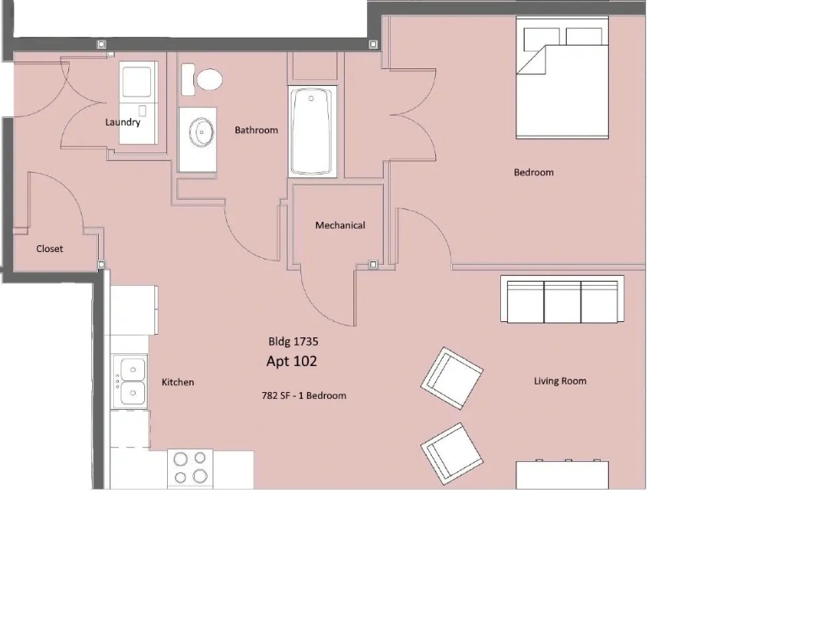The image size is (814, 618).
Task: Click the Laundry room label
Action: coord(122,122)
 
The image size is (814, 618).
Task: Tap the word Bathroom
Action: coord(256,130)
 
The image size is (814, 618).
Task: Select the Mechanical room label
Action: coord(340,225)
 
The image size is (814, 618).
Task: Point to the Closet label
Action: coord(50,249)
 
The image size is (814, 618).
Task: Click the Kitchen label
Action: coord(177,382)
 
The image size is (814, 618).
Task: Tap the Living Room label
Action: coord(560,381)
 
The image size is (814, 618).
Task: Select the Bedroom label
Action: coord(534,172)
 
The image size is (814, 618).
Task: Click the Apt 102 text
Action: coord(291,361)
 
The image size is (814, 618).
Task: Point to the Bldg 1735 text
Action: coord(294,341)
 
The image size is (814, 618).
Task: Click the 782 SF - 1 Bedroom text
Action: coord(304,395)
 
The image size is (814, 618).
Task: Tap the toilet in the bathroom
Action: coord(202,80)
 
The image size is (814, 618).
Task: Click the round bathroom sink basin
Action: coord(202,132)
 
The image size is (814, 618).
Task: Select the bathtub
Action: coord(311,132)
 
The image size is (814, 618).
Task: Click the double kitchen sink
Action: coord(130,382)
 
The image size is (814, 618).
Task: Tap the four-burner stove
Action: coord(190,468)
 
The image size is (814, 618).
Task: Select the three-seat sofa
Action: coord(563,299)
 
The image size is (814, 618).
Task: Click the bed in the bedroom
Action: coord(563,78)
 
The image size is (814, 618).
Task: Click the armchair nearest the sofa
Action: coord(451,379)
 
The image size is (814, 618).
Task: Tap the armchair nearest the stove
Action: coord(451,454)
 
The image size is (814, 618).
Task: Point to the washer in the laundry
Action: coord(137,81)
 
